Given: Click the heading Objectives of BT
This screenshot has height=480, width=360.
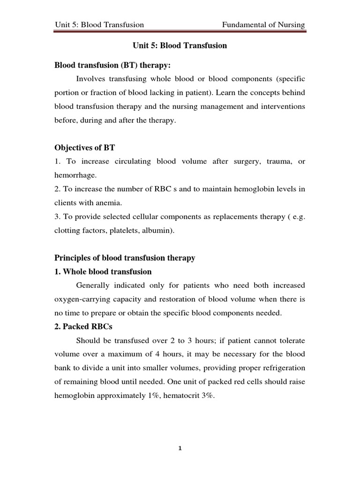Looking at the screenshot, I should tap(84, 148).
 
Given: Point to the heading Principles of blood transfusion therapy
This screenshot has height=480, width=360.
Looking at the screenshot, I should tap(125, 258).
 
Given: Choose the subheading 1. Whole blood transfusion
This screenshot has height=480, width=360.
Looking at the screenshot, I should tap(103, 271).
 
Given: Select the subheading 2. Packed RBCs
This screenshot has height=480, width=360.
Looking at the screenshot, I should tap(81, 327).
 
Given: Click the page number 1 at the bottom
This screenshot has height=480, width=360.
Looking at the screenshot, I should tap(180, 448).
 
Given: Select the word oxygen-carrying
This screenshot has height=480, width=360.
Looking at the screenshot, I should tap(80, 299).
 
